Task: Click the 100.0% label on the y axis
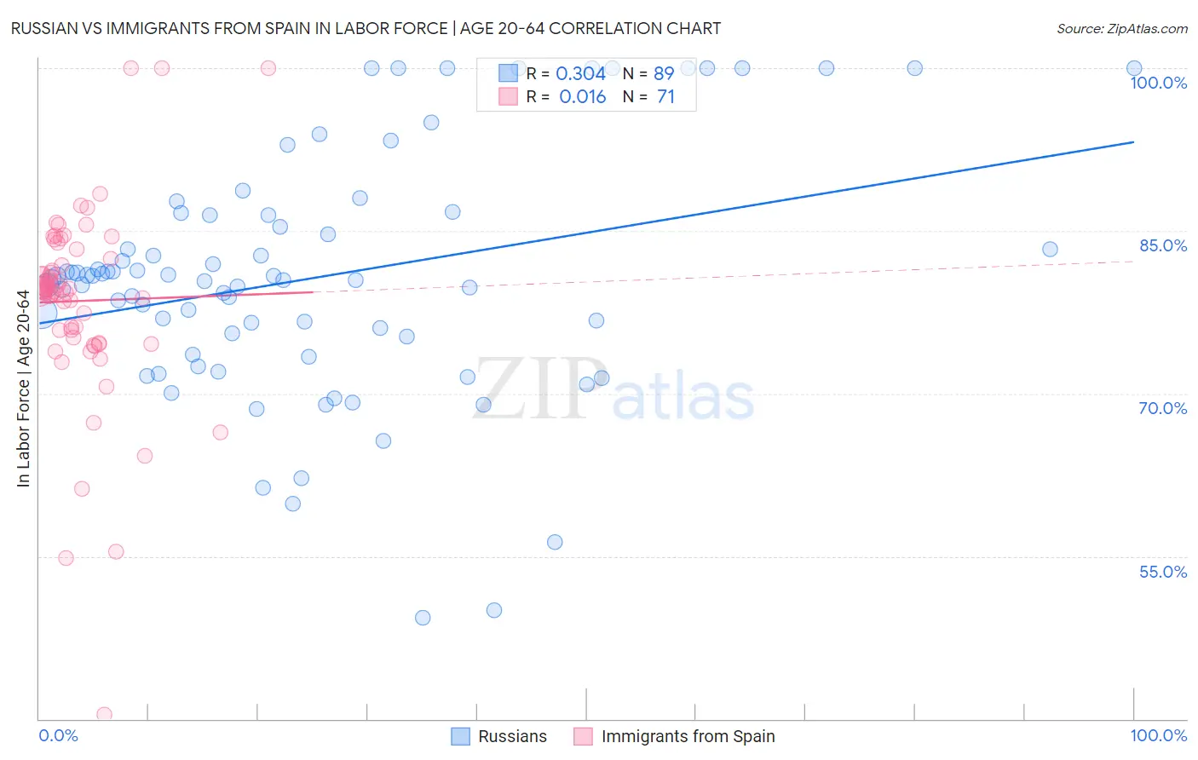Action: pos(1158,83)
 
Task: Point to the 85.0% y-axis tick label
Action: pos(1162,245)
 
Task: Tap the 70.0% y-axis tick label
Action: pos(1162,408)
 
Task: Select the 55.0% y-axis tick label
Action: pos(1162,572)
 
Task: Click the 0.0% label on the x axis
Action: pos(58,735)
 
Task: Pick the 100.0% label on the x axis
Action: pos(1158,735)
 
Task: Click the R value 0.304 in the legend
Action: pos(580,74)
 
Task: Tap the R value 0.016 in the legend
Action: pos(582,97)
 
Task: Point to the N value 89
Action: pos(664,74)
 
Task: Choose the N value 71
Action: pos(665,97)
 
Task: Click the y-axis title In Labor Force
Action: pos(23,389)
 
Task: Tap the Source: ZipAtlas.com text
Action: pos(1121,28)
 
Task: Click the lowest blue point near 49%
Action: pos(423,618)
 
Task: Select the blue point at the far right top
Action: pos(1134,68)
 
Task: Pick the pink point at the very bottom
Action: pos(104,714)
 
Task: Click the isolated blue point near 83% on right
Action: pos(1050,249)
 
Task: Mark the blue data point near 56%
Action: pos(555,542)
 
